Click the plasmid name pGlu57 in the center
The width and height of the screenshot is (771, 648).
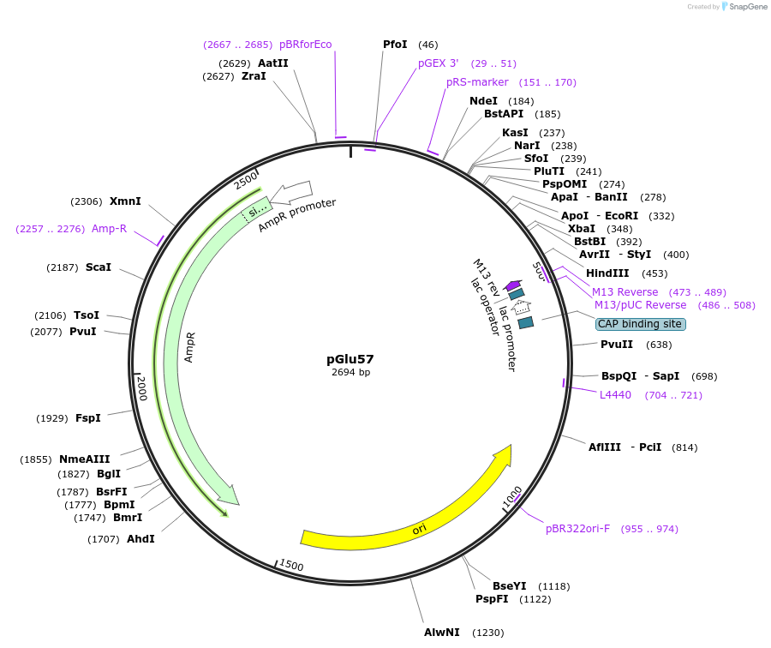pyautogui.click(x=350, y=359)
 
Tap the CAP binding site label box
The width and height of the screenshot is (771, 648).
pyautogui.click(x=640, y=324)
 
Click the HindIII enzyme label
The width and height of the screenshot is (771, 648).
pyautogui.click(x=607, y=273)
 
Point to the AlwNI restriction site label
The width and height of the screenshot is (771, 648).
pyautogui.click(x=442, y=633)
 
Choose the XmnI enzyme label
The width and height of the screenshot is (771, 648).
pyautogui.click(x=125, y=201)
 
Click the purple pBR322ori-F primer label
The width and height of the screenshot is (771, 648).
pyautogui.click(x=577, y=529)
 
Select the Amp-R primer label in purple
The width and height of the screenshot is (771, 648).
pyautogui.click(x=109, y=229)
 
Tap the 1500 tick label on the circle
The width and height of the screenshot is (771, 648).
pyautogui.click(x=291, y=566)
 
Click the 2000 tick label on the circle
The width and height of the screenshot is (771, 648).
pyautogui.click(x=142, y=388)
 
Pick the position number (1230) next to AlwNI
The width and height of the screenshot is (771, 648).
pyautogui.click(x=487, y=633)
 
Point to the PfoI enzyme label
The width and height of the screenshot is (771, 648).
pyautogui.click(x=395, y=45)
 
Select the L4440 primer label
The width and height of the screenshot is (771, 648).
pyautogui.click(x=615, y=395)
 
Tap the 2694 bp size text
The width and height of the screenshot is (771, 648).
pyautogui.click(x=350, y=373)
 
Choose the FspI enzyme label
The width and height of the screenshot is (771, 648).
pyautogui.click(x=88, y=418)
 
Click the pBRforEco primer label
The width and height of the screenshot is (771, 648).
pyautogui.click(x=305, y=45)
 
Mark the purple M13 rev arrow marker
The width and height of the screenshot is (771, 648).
pyautogui.click(x=512, y=285)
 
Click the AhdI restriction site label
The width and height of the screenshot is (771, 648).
pyautogui.click(x=140, y=539)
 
